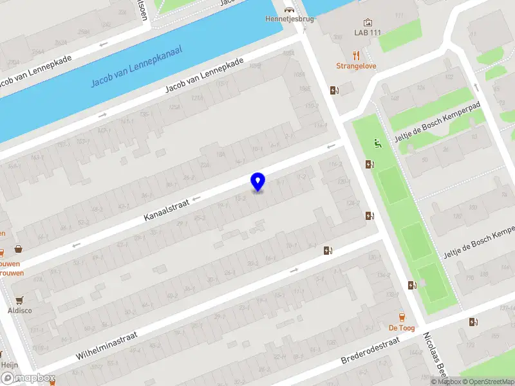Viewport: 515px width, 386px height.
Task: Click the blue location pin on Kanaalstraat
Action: (x=257, y=181)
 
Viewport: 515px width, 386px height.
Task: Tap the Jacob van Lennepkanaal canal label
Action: (x=136, y=66)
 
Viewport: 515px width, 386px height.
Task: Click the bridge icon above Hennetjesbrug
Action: (x=289, y=9)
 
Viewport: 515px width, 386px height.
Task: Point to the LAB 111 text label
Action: (x=368, y=32)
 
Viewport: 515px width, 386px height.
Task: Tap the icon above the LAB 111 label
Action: (x=368, y=21)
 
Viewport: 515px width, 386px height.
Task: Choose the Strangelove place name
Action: (x=356, y=66)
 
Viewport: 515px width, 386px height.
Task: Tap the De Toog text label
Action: (x=401, y=328)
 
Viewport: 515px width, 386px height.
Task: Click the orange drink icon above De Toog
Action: (x=402, y=317)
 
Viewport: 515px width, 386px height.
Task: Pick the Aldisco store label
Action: (x=19, y=311)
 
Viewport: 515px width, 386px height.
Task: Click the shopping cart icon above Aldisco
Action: (x=19, y=299)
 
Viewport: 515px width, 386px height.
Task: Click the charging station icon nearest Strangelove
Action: (x=333, y=91)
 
